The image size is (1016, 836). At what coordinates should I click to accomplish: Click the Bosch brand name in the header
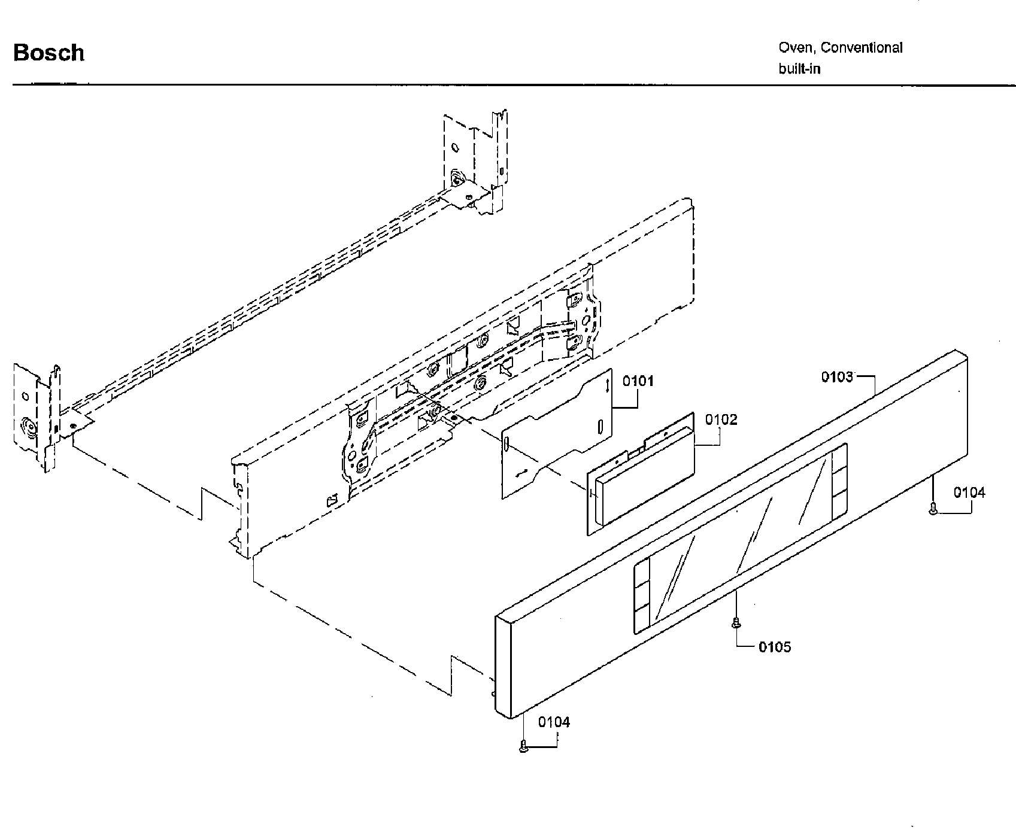pos(48,53)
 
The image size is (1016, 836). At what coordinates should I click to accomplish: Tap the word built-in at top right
pos(799,69)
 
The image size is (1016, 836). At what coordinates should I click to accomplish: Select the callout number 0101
pos(638,381)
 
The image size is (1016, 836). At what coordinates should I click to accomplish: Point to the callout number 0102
pos(721,419)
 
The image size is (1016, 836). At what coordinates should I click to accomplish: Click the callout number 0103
pos(837,376)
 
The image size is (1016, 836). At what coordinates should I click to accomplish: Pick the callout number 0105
pos(775,647)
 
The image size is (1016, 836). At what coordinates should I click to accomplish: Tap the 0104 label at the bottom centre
pos(554,722)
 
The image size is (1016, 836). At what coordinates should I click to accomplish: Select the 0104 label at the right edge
pos(969,493)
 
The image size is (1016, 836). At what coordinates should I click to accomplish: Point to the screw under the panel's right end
pos(933,509)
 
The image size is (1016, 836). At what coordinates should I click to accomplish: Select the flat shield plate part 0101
pos(557,437)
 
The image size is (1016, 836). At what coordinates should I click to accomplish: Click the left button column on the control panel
pos(641,595)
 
